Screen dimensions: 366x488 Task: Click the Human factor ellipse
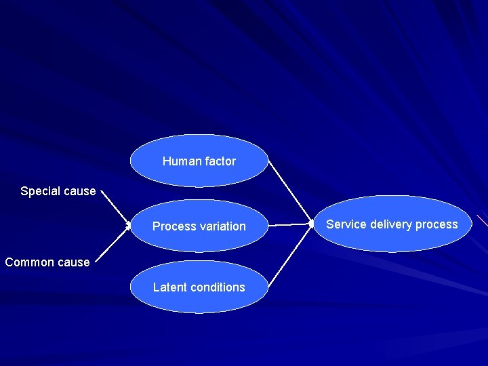[x=199, y=161]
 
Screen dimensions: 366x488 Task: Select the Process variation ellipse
[x=199, y=226]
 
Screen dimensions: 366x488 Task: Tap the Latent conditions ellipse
[x=199, y=287]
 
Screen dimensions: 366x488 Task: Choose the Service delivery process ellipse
[x=392, y=224]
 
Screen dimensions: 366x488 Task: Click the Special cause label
[x=58, y=191]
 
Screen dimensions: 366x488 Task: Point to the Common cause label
[x=47, y=262]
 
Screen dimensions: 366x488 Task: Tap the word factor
[x=220, y=161]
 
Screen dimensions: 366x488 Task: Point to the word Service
[x=346, y=224]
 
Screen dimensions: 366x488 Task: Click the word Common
[x=27, y=262]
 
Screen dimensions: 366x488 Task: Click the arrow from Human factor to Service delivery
[x=289, y=191]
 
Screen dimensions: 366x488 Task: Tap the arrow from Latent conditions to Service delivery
[x=289, y=255]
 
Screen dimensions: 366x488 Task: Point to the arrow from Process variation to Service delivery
[x=289, y=224]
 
